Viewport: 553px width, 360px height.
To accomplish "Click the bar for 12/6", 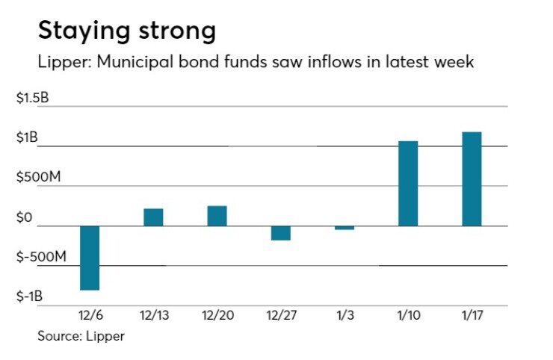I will [x=90, y=258].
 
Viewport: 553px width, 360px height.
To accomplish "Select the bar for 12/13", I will [x=153, y=217].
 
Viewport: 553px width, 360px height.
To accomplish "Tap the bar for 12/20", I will [x=217, y=216].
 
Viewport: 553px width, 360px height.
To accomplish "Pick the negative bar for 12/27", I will [x=280, y=233].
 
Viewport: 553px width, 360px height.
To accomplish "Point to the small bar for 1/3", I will [x=345, y=228].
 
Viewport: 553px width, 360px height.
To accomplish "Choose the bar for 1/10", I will [x=408, y=183].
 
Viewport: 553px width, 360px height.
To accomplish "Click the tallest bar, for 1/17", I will [x=472, y=179].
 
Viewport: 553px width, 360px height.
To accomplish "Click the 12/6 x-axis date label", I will [x=90, y=316].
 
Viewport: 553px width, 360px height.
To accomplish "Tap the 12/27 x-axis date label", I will [x=280, y=316].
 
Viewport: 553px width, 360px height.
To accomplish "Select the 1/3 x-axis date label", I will [x=345, y=316].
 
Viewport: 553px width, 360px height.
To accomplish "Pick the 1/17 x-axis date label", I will [x=472, y=316].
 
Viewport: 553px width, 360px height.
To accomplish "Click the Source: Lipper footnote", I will [x=81, y=336].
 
